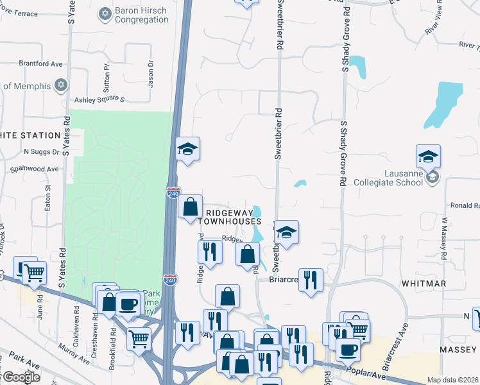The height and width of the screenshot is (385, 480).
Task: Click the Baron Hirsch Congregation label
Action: [x=142, y=15]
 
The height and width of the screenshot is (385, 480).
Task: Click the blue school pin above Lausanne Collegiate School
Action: [x=428, y=156]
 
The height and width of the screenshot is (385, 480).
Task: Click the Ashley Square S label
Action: [x=99, y=100]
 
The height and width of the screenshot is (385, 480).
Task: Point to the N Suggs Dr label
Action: [x=41, y=152]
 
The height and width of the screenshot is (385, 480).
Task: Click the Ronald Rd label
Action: [x=465, y=206]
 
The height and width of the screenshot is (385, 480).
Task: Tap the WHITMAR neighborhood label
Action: [x=422, y=283]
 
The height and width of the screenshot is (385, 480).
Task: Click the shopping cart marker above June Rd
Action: [x=34, y=273]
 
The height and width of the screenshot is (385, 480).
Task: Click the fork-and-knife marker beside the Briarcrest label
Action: [x=311, y=280]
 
